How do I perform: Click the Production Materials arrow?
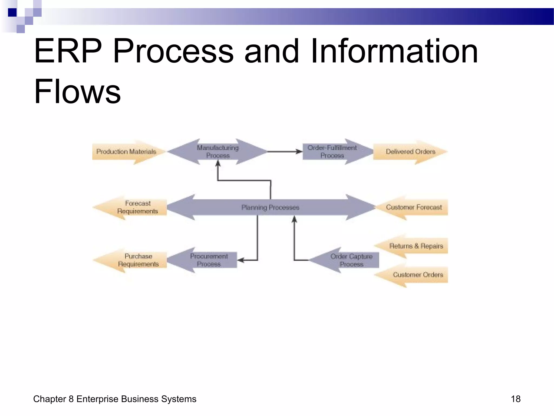click(x=127, y=152)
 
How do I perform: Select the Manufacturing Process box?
click(x=218, y=152)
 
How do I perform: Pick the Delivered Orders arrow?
click(x=410, y=152)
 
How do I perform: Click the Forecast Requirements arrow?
click(x=137, y=207)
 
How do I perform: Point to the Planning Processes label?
click(x=270, y=207)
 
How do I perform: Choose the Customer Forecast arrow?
click(x=414, y=207)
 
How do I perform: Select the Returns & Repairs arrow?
click(x=416, y=246)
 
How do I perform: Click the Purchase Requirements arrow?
click(x=138, y=260)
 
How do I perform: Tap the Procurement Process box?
click(x=209, y=260)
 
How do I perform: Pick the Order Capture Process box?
click(x=351, y=260)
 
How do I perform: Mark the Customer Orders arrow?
click(x=418, y=275)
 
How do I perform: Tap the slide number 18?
click(x=515, y=399)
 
